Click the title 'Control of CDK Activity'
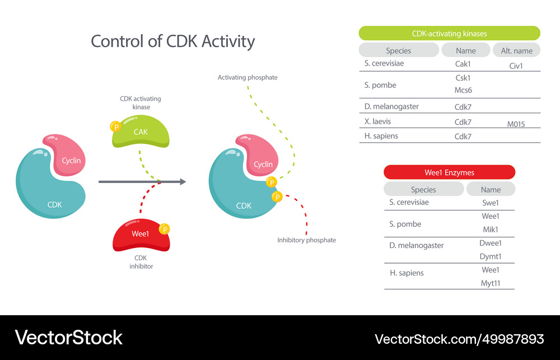pyautogui.click(x=172, y=41)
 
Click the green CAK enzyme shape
pyautogui.click(x=141, y=132)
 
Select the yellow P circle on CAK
pyautogui.click(x=116, y=127)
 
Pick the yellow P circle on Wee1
pyautogui.click(x=164, y=229)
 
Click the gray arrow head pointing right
pyautogui.click(x=182, y=181)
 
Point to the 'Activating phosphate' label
pyautogui.click(x=248, y=77)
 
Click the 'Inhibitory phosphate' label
pyautogui.click(x=306, y=240)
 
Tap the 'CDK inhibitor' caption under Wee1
pyautogui.click(x=141, y=262)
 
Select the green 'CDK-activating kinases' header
pyautogui.click(x=449, y=34)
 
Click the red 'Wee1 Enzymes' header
pyautogui.click(x=449, y=172)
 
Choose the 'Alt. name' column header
pyautogui.click(x=516, y=50)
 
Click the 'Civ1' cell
pyautogui.click(x=516, y=66)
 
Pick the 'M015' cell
pyautogui.click(x=516, y=124)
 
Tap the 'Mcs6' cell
pyautogui.click(x=463, y=90)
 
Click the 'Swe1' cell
pyautogui.click(x=490, y=203)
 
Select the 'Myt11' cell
pyautogui.click(x=490, y=283)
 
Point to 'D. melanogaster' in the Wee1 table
pyautogui.click(x=416, y=245)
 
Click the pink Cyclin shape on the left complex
pyautogui.click(x=67, y=157)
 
